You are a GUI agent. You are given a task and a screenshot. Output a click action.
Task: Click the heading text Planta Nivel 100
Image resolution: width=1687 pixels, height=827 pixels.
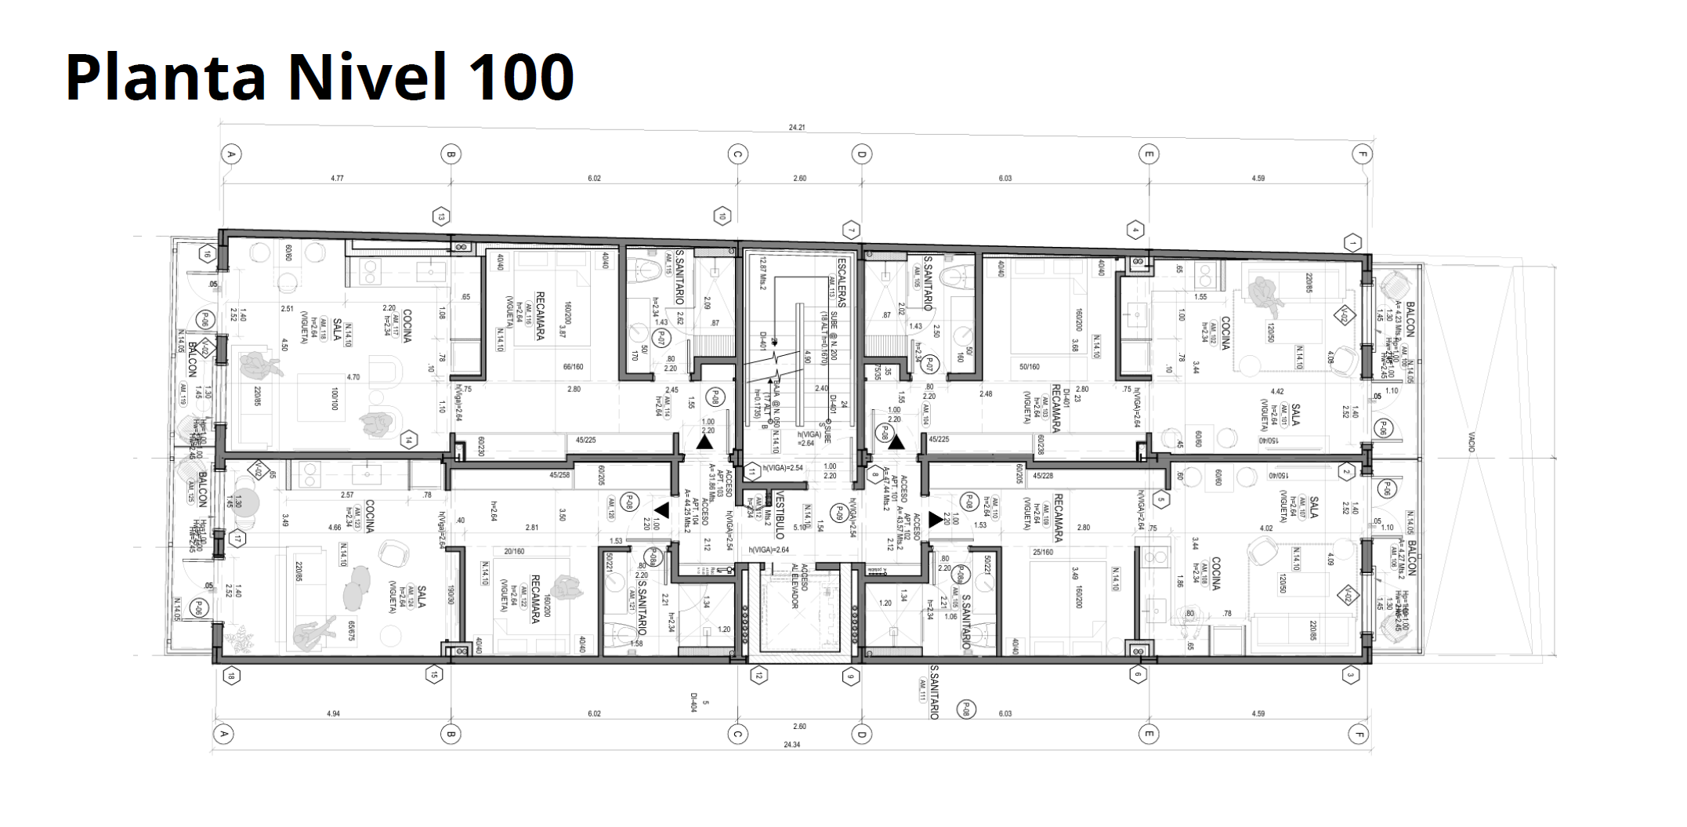(x=320, y=77)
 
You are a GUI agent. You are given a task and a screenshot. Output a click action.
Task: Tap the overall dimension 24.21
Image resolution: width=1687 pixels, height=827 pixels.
(x=797, y=127)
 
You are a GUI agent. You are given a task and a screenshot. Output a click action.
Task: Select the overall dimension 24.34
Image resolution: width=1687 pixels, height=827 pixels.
(x=791, y=744)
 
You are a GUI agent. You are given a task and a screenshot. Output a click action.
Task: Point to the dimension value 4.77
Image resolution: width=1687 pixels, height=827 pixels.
(x=337, y=179)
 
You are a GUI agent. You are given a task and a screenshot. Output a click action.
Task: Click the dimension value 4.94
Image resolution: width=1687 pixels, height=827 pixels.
(x=333, y=713)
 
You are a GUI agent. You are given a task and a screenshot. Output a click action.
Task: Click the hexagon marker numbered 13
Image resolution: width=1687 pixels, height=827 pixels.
(x=442, y=216)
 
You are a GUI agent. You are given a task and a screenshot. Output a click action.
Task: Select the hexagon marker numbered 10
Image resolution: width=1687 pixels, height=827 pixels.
(x=722, y=216)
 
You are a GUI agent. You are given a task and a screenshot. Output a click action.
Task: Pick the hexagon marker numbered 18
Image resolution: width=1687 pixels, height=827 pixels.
(x=230, y=676)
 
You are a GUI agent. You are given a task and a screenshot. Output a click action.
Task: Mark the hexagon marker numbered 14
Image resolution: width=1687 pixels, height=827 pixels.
(x=407, y=441)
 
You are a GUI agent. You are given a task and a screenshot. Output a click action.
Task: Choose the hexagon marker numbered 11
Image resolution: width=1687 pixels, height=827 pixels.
(x=752, y=472)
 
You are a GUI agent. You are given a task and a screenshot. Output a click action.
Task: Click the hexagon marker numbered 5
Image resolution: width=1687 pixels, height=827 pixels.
(x=1162, y=499)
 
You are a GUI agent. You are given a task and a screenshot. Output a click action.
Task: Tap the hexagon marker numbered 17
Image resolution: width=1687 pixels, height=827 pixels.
(x=237, y=539)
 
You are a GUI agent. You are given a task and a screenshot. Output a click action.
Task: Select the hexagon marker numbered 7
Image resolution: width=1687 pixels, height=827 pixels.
(x=851, y=230)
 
